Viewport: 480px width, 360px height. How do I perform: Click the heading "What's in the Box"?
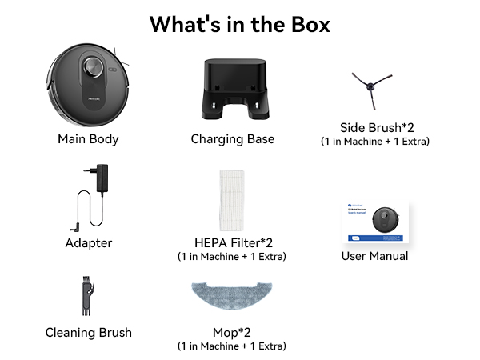coord(240,25)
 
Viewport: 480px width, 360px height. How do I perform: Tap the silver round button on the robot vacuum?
coord(94,66)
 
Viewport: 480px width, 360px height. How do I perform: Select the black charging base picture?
coord(235,89)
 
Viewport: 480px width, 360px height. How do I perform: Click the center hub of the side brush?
coord(370,86)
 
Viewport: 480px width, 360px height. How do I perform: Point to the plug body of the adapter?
coord(102,178)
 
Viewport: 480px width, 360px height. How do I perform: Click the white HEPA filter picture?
coord(232,201)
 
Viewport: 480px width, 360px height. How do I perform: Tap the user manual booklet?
coord(376,222)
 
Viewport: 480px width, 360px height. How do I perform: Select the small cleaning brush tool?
coord(87,296)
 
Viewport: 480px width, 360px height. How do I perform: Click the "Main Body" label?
coord(88,139)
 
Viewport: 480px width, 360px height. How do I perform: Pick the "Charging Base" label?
coord(233,139)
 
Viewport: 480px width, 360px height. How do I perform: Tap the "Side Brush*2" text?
coord(377,128)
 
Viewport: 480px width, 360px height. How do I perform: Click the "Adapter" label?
coord(89,243)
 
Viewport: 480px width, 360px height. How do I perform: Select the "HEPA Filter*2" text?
coord(234,242)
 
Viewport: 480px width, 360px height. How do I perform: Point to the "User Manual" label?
coord(374,256)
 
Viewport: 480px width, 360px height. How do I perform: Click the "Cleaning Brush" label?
coord(89,333)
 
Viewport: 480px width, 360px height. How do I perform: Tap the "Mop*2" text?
coord(232,333)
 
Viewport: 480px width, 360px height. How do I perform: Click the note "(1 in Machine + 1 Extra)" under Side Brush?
coord(375,142)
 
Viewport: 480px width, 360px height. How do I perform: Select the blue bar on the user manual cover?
coord(376,238)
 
